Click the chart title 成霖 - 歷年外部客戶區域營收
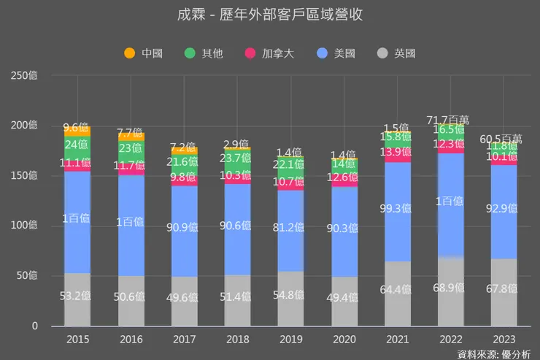(270, 15)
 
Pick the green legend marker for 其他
(190, 53)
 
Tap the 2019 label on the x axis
(290, 339)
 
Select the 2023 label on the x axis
(504, 339)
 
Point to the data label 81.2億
(290, 227)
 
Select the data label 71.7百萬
(450, 119)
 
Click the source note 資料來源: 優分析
(493, 353)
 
